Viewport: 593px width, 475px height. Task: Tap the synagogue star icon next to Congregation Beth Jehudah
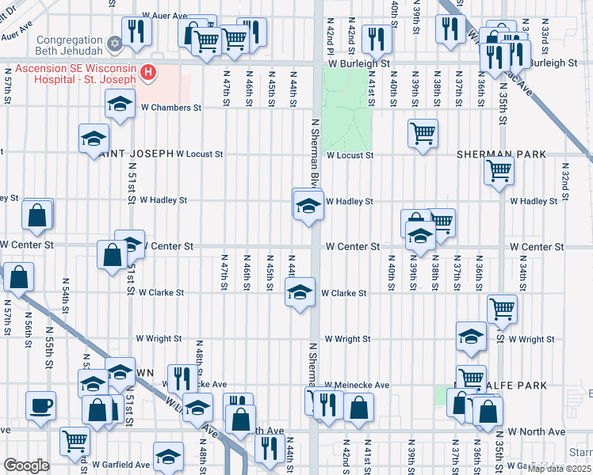pyautogui.click(x=115, y=40)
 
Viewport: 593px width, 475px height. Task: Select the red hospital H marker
pyautogui.click(x=147, y=74)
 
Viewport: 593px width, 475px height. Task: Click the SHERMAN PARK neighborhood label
pyautogui.click(x=501, y=154)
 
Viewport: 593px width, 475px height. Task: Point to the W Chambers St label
pyautogui.click(x=171, y=108)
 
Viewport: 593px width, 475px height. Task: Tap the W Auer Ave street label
pyautogui.click(x=164, y=16)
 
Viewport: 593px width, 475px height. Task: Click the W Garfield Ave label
pyautogui.click(x=121, y=465)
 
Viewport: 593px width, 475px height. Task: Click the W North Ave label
pyautogui.click(x=537, y=431)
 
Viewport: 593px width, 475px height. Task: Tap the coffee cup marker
pyautogui.click(x=40, y=406)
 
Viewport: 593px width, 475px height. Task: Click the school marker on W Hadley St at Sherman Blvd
pyautogui.click(x=308, y=206)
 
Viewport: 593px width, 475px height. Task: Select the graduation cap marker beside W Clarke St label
pyautogui.click(x=300, y=293)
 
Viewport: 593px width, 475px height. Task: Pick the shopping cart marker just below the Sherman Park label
pyautogui.click(x=499, y=169)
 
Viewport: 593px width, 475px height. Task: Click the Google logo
pyautogui.click(x=25, y=465)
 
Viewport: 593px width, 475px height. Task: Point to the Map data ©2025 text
pyautogui.click(x=558, y=469)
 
